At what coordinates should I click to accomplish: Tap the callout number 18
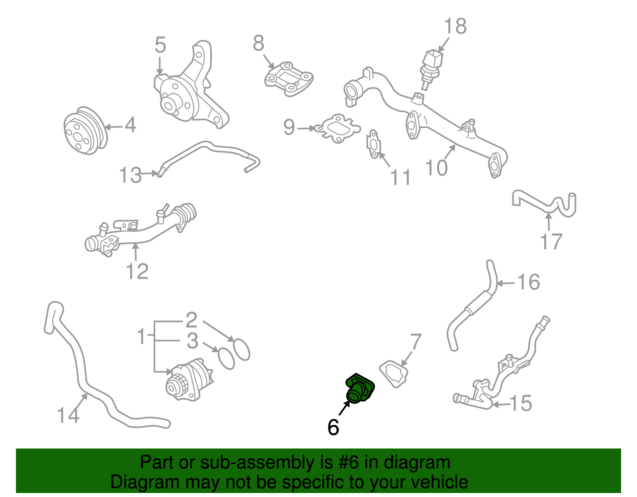455,27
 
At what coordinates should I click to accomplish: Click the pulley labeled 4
85,131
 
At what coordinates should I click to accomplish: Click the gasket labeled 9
338,128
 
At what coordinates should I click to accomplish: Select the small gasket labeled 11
373,144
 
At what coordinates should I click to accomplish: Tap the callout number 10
436,168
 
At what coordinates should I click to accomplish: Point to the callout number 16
528,282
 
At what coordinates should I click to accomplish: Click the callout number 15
521,403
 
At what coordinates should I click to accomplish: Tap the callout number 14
68,415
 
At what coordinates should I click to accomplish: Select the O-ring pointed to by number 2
241,349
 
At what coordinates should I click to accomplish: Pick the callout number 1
141,337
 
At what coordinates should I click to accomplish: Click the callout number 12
137,271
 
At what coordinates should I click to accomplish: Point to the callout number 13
130,175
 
